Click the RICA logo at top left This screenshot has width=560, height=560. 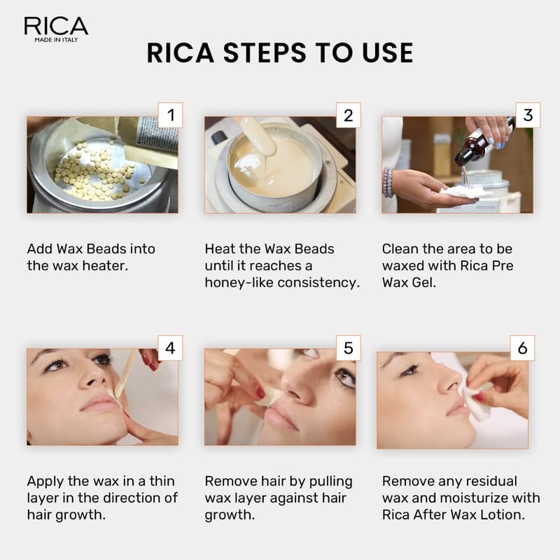pyautogui.click(x=56, y=29)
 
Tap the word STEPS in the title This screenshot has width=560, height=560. pyautogui.click(x=265, y=53)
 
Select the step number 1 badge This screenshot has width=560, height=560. pyautogui.click(x=170, y=115)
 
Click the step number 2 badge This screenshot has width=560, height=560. pyautogui.click(x=348, y=115)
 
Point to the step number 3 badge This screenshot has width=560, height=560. pyautogui.click(x=528, y=115)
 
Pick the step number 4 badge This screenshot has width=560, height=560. pyautogui.click(x=170, y=348)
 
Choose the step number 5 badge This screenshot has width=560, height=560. pyautogui.click(x=348, y=348)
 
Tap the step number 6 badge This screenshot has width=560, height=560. pyautogui.click(x=522, y=348)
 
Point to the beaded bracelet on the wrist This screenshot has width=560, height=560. pyautogui.click(x=388, y=182)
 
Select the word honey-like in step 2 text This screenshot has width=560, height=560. pyautogui.click(x=239, y=283)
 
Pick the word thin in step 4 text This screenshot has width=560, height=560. pyautogui.click(x=162, y=481)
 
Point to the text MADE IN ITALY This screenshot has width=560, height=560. pyautogui.click(x=56, y=40)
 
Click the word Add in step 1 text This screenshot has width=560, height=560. pyautogui.click(x=39, y=249)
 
